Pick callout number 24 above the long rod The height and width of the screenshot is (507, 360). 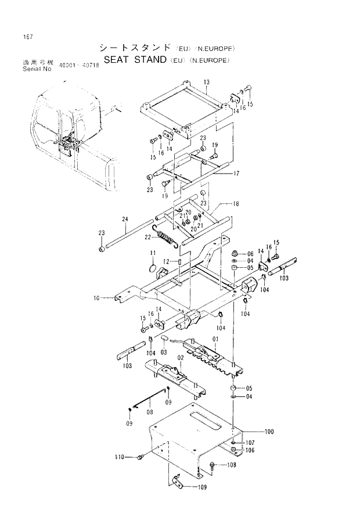pos(124,219)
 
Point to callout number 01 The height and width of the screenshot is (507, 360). pos(214,339)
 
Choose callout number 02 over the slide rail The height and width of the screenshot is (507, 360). pos(181,358)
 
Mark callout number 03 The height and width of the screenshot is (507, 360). pos(164,352)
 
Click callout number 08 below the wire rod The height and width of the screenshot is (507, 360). pos(149,412)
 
